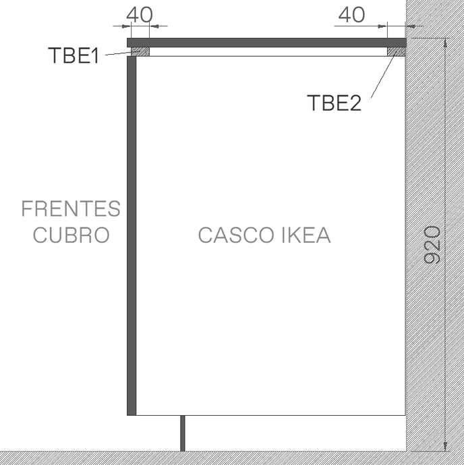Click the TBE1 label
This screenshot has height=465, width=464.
[x=74, y=55]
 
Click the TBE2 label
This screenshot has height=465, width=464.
[x=335, y=103]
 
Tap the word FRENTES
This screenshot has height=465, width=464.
[x=71, y=209]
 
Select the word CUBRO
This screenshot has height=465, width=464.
[x=71, y=235]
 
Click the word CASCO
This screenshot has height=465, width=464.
[x=236, y=235]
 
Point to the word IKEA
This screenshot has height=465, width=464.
[x=306, y=235]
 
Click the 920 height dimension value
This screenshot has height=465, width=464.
[x=432, y=245]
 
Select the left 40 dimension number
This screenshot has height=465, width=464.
[x=140, y=15]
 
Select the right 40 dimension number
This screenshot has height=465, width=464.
[x=351, y=15]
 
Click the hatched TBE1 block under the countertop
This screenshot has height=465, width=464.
[x=140, y=51]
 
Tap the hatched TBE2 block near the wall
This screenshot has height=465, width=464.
[x=397, y=51]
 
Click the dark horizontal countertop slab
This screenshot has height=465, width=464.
[x=266, y=43]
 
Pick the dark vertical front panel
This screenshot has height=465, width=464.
[x=132, y=236]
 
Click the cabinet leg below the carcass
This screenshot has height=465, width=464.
[x=183, y=433]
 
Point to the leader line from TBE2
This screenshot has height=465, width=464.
[x=384, y=76]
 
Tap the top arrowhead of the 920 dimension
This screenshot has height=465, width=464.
[x=445, y=44]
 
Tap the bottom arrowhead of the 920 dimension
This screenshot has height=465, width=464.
[x=445, y=446]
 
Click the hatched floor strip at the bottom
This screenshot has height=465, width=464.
[x=232, y=458]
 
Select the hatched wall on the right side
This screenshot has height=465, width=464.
[x=435, y=225]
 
